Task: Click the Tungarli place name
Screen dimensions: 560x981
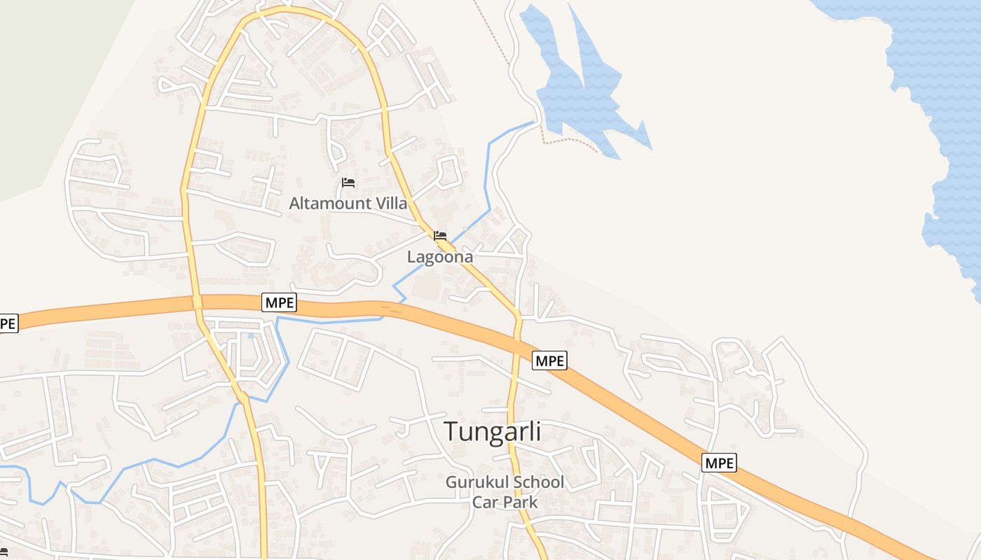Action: tap(493, 431)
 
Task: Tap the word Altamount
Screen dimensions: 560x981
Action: tap(330, 204)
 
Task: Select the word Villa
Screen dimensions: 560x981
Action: tap(391, 204)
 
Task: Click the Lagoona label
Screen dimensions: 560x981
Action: tap(440, 257)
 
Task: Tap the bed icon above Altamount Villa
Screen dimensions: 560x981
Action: tap(348, 183)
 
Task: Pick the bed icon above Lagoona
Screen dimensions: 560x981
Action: tap(440, 236)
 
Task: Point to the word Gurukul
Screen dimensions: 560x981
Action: tap(477, 482)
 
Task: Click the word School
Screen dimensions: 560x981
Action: tap(537, 482)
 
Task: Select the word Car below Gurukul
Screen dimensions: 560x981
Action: tap(485, 502)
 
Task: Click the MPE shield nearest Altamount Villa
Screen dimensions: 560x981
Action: tap(279, 302)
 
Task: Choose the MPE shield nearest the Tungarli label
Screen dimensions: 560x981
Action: tap(549, 360)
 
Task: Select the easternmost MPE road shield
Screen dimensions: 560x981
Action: tap(719, 463)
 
